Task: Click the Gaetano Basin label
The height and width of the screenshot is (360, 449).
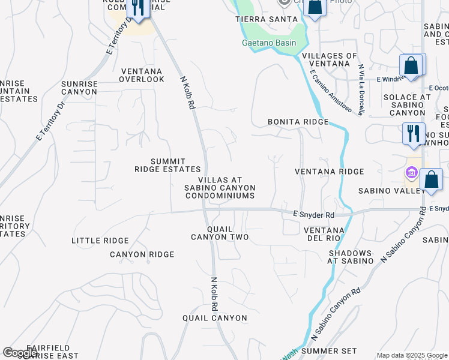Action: (269, 43)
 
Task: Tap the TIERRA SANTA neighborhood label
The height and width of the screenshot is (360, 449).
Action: (266, 19)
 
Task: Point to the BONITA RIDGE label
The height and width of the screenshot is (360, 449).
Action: (298, 122)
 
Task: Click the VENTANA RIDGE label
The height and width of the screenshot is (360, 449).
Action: (330, 172)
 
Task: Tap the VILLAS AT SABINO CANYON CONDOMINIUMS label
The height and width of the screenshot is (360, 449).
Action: (220, 188)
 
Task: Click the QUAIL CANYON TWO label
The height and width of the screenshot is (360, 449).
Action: (220, 233)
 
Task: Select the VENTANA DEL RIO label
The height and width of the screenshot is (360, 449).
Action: (324, 235)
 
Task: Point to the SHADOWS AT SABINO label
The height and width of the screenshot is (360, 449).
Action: (350, 257)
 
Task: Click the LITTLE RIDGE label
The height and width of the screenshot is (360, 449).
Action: (100, 241)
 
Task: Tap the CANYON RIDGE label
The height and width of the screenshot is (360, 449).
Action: (142, 254)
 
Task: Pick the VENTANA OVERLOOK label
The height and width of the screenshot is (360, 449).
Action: (142, 74)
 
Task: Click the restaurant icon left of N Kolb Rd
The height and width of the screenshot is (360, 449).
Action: (138, 8)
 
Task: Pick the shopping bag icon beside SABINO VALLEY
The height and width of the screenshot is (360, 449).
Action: (431, 179)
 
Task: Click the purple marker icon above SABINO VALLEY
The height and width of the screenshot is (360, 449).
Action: (411, 173)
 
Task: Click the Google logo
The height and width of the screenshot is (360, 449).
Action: (20, 353)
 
